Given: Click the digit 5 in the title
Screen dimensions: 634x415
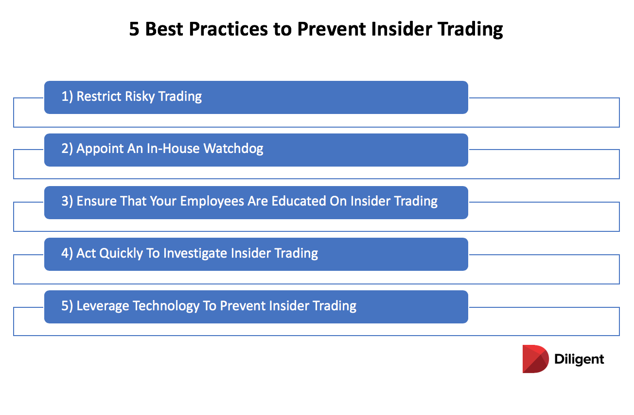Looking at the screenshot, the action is pyautogui.click(x=134, y=29).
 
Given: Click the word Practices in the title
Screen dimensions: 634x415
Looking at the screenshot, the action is pyautogui.click(x=228, y=29).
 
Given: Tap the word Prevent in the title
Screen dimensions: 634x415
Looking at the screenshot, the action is pyautogui.click(x=332, y=29).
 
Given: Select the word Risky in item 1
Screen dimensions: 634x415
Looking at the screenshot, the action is pyautogui.click(x=140, y=96).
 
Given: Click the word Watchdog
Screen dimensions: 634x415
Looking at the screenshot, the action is pyautogui.click(x=233, y=149).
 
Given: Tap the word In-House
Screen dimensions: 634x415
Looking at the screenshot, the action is pyautogui.click(x=173, y=149).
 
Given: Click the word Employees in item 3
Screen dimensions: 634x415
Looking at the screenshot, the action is pyautogui.click(x=213, y=201).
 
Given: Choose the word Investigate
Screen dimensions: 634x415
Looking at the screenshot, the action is pyautogui.click(x=195, y=253).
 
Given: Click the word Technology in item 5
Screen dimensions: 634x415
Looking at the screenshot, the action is pyautogui.click(x=166, y=306).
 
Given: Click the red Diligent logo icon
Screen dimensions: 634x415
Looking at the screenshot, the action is pyautogui.click(x=535, y=359).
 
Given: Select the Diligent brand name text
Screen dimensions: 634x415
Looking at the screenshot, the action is pyautogui.click(x=579, y=359).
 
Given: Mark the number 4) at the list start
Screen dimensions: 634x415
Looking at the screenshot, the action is pyautogui.click(x=67, y=253).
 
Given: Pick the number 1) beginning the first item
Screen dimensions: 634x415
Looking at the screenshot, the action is pyautogui.click(x=67, y=96).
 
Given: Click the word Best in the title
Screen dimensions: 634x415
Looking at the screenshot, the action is pyautogui.click(x=164, y=29).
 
